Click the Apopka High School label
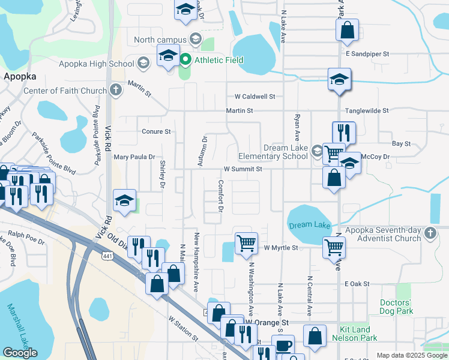pyautogui.click(x=97, y=64)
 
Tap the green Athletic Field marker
pyautogui.click(x=186, y=59)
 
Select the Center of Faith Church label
pyautogui.click(x=65, y=91)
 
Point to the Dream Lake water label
pyautogui.click(x=310, y=225)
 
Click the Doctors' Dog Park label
pyautogui.click(x=396, y=307)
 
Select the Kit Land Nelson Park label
pyautogui.click(x=358, y=334)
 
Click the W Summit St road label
pyautogui.click(x=243, y=169)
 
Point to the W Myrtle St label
pyautogui.click(x=281, y=247)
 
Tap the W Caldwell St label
pyautogui.click(x=255, y=96)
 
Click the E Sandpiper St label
pyautogui.click(x=367, y=54)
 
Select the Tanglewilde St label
pyautogui.click(x=367, y=110)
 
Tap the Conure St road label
pyautogui.click(x=156, y=131)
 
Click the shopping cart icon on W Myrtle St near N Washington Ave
pyautogui.click(x=246, y=243)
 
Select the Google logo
pyautogui.click(x=20, y=353)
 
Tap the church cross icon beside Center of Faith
pyautogui.click(x=116, y=91)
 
